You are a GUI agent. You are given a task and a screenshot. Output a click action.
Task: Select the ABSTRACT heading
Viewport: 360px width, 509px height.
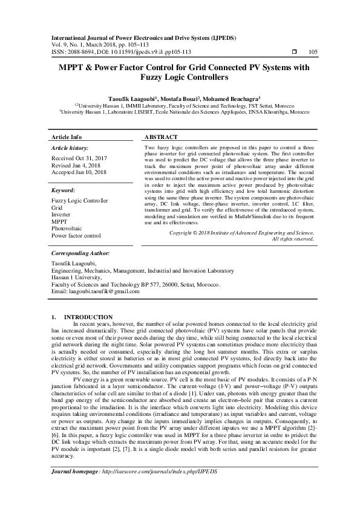coord(162,137)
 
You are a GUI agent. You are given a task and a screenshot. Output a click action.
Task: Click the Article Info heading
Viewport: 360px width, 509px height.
coord(67,137)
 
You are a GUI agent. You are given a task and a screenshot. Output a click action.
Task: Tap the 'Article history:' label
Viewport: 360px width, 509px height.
coord(70,148)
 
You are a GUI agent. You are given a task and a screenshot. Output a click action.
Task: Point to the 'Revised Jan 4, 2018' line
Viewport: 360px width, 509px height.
coord(76,165)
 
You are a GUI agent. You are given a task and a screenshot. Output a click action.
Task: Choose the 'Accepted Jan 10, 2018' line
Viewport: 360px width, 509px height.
coord(79,172)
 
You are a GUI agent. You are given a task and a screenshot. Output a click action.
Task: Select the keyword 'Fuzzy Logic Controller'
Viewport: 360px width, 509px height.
coord(80,201)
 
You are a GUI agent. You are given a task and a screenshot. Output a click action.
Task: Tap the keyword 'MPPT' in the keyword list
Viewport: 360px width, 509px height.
coord(60,221)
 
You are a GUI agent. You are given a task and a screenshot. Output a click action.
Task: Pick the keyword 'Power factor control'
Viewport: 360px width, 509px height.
coord(77,235)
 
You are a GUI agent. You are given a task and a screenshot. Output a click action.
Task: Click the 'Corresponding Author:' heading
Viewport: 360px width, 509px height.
coord(80,254)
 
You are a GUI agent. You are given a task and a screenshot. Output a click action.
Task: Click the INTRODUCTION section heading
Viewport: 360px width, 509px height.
coord(88,317)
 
